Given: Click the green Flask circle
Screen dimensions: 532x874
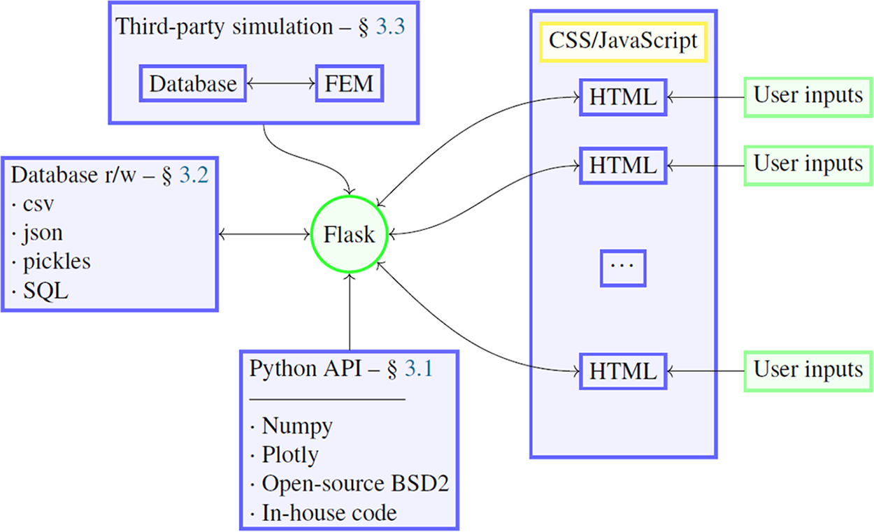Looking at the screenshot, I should (x=349, y=236).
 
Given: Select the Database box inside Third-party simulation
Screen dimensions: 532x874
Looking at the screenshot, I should (x=193, y=84).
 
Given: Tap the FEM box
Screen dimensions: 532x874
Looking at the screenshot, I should (x=350, y=84).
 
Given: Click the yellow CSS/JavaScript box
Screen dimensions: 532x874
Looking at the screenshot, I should (x=623, y=41).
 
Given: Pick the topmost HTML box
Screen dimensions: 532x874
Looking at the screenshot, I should (x=623, y=97).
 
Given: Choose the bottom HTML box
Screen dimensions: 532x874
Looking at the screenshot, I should (x=623, y=371).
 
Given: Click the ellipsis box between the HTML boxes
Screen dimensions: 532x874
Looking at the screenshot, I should (x=623, y=268).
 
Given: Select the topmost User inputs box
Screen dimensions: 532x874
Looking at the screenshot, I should (x=808, y=95).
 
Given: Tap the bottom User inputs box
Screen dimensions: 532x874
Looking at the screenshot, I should (x=808, y=369).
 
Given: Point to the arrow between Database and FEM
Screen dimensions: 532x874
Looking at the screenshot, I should (x=281, y=85).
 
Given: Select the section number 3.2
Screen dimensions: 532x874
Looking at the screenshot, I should (x=194, y=175).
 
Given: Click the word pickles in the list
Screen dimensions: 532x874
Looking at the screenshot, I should (x=57, y=261).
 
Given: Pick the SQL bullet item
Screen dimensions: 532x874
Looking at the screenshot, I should (x=45, y=291).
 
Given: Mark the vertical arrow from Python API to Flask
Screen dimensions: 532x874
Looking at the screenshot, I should (x=349, y=310).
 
